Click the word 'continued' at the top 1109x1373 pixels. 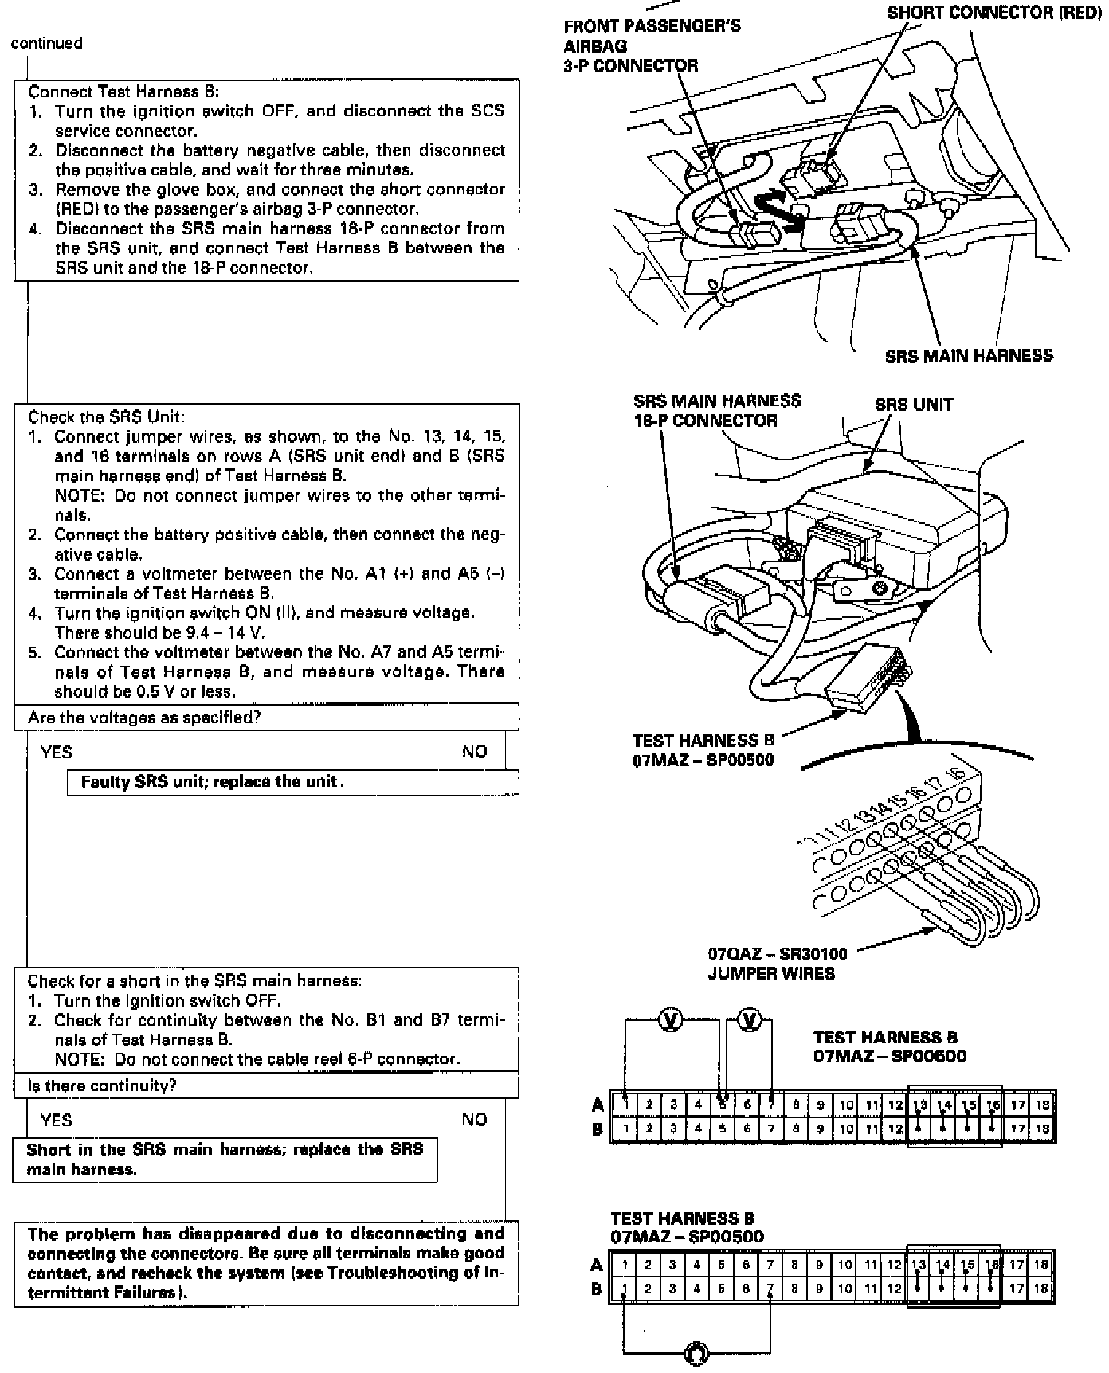click(x=46, y=44)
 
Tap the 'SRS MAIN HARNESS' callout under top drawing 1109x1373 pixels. click(x=969, y=356)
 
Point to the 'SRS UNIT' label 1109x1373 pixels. click(x=913, y=404)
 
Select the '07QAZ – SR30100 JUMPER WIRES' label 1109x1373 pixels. click(x=777, y=963)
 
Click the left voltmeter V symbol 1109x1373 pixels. click(x=671, y=1020)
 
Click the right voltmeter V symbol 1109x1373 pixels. click(x=750, y=1020)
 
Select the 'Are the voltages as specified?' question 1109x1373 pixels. click(x=144, y=718)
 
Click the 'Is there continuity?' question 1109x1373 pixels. click(x=102, y=1085)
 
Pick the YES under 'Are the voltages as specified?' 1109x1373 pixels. click(x=57, y=752)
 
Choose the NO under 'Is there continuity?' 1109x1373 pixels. click(x=474, y=1120)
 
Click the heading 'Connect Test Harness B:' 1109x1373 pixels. click(x=123, y=92)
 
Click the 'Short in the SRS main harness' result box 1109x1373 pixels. click(x=225, y=1160)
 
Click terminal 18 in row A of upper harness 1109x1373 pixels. click(x=1041, y=1105)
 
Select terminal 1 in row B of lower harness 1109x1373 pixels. click(x=625, y=1288)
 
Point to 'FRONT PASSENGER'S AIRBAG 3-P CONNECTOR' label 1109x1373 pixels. click(x=651, y=45)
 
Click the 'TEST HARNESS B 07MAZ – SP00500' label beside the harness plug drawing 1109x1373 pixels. click(x=703, y=750)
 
